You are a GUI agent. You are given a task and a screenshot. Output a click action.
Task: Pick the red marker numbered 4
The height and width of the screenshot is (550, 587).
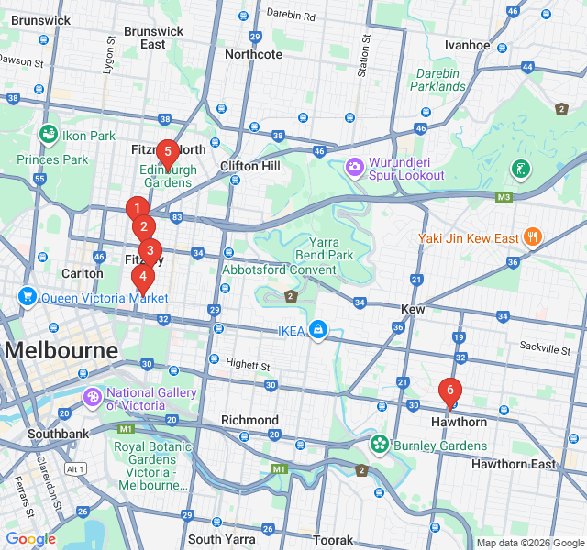pos(142,276)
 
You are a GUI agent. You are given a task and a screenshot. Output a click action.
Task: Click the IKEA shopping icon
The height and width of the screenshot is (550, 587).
pos(317,329)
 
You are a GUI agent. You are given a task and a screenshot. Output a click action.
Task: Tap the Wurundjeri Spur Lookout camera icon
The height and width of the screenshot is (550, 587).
pos(355,168)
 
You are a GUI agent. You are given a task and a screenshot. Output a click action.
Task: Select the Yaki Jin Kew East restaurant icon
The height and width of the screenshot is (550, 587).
pos(533,237)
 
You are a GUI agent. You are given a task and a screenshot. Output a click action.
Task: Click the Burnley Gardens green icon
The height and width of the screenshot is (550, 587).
pos(379,445)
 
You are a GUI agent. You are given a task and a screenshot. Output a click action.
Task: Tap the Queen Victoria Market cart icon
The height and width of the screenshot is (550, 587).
pos(28,297)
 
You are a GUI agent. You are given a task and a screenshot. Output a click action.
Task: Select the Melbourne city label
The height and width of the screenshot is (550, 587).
pos(61,350)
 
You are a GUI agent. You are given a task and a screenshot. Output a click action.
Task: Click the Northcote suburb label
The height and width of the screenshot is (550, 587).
pos(253,54)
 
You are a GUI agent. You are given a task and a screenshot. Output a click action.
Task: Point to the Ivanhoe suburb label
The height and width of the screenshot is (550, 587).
pos(467,45)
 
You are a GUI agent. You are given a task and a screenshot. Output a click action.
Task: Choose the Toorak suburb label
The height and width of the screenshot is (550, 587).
pos(332,540)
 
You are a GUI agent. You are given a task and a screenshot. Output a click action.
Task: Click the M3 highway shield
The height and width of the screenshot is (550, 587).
pos(504,197)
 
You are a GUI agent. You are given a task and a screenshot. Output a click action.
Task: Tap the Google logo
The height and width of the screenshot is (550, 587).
pos(30,539)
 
